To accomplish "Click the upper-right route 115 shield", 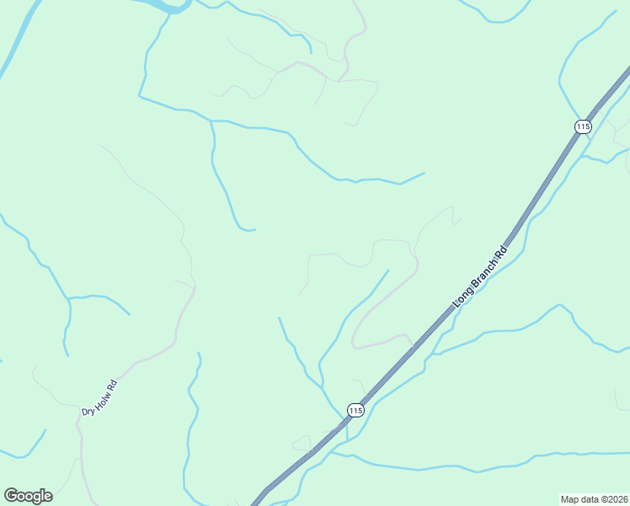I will [582, 126].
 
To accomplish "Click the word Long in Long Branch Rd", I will [462, 294].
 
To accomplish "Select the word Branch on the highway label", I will [484, 270].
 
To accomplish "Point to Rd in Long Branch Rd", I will [502, 250].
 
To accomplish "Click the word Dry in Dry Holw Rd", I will [87, 411].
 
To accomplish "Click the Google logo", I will [28, 496].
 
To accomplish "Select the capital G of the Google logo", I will [11, 496].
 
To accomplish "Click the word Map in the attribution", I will [570, 498].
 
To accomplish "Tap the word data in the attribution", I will [590, 498].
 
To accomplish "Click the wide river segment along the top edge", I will [165, 5].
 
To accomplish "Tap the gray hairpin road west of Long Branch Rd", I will [371, 316].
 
